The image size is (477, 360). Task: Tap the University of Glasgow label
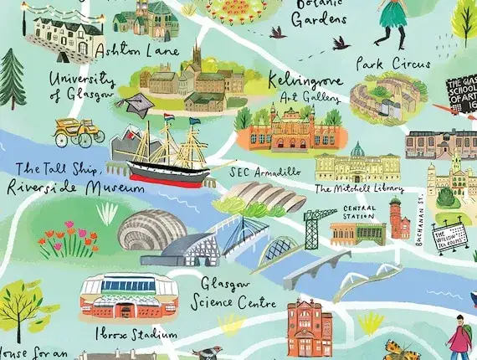point(80,85)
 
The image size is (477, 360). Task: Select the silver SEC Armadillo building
point(256,198)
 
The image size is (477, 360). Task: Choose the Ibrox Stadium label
point(147,334)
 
